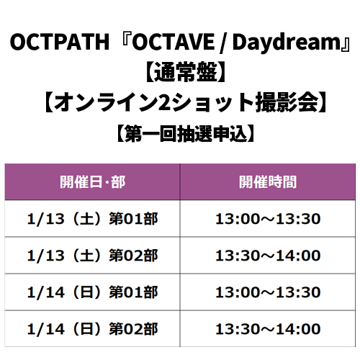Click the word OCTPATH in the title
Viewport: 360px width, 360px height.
[60, 42]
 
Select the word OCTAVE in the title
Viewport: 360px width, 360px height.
[174, 42]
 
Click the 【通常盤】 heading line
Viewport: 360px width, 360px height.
[186, 72]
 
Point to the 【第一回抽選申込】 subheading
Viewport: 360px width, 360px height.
[186, 134]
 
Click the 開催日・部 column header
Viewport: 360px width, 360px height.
[93, 182]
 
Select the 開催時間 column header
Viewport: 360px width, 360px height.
[268, 182]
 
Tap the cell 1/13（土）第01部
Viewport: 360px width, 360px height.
[93, 219]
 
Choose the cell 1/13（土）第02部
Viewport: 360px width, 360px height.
[93, 256]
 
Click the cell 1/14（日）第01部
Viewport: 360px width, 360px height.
[93, 292]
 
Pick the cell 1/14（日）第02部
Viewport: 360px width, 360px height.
[93, 329]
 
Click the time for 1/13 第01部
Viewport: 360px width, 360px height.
[268, 219]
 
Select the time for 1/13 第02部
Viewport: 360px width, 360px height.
[268, 256]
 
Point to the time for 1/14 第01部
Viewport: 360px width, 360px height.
[268, 292]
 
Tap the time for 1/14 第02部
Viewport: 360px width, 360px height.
[268, 329]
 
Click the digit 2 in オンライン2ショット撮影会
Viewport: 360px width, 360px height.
[164, 103]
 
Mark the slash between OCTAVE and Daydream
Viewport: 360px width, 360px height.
[224, 43]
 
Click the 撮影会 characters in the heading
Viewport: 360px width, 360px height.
[287, 102]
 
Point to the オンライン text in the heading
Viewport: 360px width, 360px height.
[106, 102]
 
